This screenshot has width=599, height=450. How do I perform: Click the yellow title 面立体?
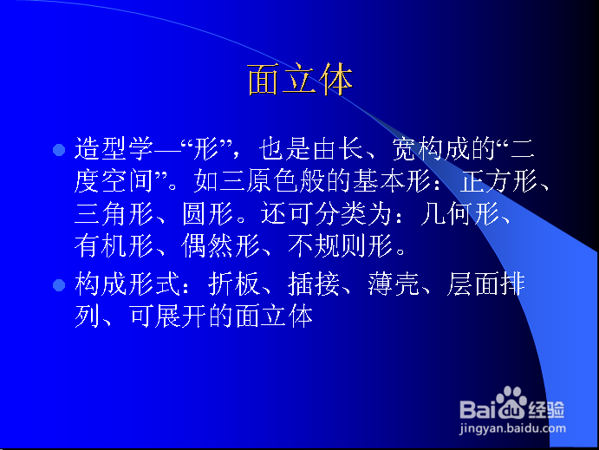(x=300, y=80)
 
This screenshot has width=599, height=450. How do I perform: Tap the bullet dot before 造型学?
(x=59, y=150)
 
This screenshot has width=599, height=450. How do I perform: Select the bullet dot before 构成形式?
(x=59, y=285)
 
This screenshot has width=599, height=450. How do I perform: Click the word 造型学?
(x=114, y=148)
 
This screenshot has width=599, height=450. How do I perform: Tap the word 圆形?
(x=207, y=213)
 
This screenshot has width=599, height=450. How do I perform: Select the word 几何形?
(x=460, y=213)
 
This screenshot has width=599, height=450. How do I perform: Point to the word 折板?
(x=234, y=284)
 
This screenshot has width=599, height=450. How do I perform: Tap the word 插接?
(x=314, y=284)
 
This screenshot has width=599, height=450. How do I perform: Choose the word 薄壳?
(x=394, y=284)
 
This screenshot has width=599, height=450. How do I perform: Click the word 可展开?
(x=167, y=316)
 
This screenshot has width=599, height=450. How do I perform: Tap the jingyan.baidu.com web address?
(x=512, y=428)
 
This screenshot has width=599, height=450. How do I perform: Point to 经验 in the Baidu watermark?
(x=546, y=409)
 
